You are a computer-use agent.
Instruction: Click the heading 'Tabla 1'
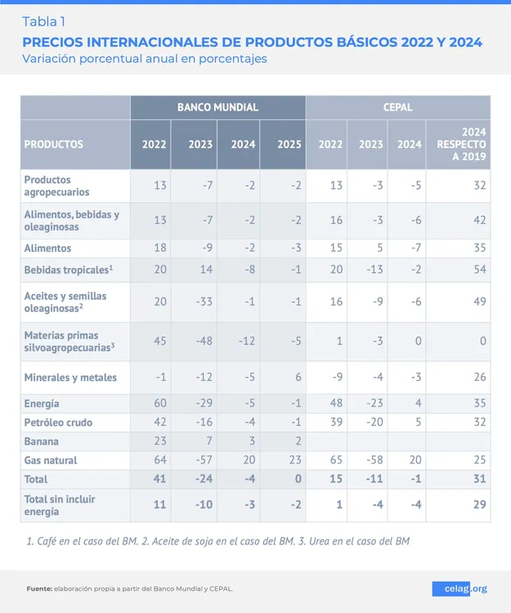point(44,21)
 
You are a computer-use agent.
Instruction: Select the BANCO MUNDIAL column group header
point(217,107)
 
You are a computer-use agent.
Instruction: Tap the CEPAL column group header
point(397,107)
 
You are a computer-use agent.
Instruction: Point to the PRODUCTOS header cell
point(54,145)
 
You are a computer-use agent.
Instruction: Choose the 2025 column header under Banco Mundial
point(289,145)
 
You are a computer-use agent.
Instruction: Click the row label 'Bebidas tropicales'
point(67,269)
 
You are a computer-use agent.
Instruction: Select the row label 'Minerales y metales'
point(70,378)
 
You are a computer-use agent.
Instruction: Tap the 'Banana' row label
point(42,441)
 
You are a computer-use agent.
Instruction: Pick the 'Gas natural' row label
point(51,460)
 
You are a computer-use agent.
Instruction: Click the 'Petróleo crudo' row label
point(58,423)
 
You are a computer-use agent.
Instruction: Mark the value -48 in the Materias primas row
point(200,341)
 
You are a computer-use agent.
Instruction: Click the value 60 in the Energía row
point(159,404)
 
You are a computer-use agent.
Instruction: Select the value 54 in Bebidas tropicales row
point(479,270)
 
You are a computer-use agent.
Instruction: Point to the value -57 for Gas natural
point(200,460)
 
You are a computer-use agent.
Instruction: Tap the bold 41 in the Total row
point(159,479)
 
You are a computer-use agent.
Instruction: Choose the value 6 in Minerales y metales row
point(297,378)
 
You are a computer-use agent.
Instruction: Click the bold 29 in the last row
point(478,505)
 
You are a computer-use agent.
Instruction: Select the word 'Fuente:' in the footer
point(39,588)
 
